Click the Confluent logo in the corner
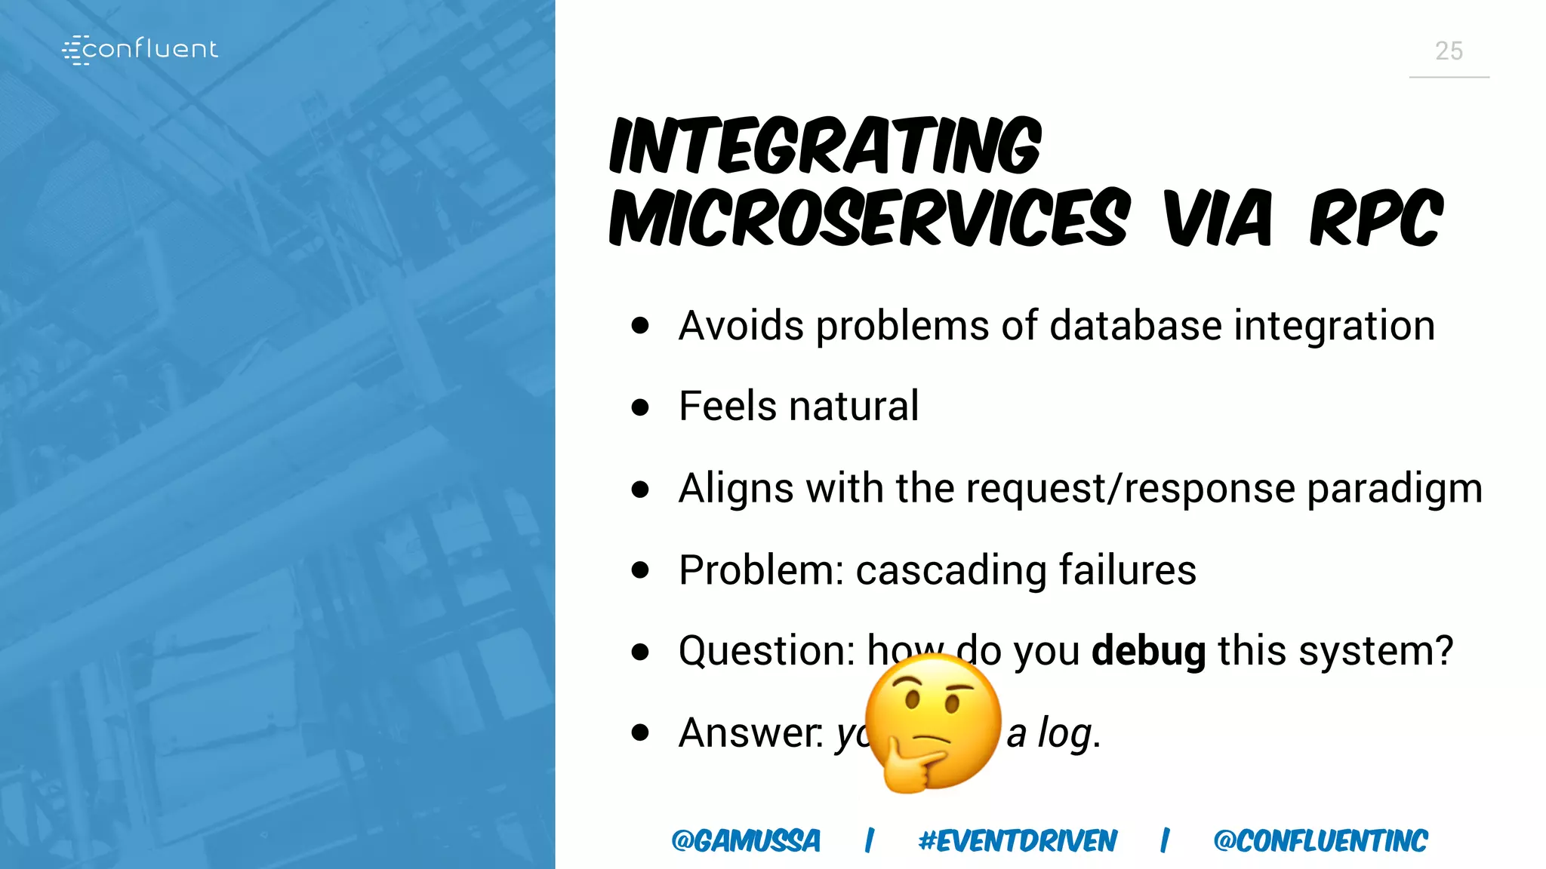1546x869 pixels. pos(140,50)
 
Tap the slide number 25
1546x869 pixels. pos(1448,51)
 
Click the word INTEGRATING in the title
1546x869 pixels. pos(825,145)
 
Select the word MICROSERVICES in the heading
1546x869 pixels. pos(870,219)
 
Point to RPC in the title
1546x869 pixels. pos(1375,219)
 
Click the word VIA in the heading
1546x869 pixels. pos(1218,219)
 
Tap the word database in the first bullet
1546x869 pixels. pos(1135,327)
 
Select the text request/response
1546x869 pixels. pos(1130,488)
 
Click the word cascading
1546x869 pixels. pos(950,570)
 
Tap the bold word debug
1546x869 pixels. pos(1148,651)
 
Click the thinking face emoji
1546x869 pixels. pos(933,721)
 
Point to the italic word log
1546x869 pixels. pos(1065,733)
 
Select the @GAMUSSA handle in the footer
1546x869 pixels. pos(745,840)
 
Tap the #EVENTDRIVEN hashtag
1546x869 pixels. pos(1017,840)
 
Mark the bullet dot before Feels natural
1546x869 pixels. pos(640,407)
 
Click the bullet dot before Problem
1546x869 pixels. pos(640,570)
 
